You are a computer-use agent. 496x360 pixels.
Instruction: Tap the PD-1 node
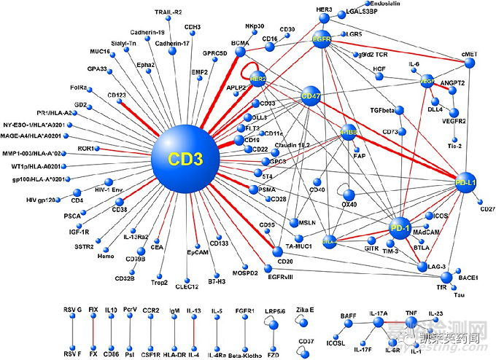400,228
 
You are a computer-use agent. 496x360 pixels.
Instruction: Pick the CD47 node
311,96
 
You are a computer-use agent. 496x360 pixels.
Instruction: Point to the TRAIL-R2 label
168,12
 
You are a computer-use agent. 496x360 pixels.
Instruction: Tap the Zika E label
305,310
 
